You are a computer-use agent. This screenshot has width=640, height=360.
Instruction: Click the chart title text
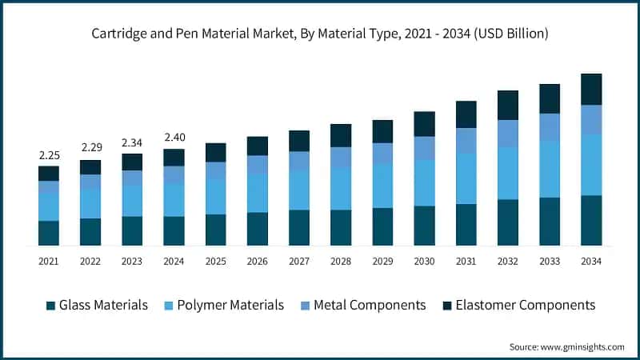tap(320, 33)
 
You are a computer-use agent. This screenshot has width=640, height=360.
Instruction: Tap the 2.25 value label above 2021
tap(49, 155)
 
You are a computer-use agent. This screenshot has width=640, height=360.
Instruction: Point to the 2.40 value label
tap(174, 137)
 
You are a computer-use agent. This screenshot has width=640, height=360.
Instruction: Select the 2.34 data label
tap(132, 142)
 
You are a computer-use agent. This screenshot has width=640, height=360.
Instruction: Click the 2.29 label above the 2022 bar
tap(90, 148)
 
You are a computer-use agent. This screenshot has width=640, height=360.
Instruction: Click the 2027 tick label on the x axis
tap(298, 261)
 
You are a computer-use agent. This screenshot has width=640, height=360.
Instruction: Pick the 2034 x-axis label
tap(590, 261)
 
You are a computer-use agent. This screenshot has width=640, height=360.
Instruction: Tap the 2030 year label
tap(424, 261)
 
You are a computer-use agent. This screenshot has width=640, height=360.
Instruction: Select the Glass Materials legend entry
tap(97, 305)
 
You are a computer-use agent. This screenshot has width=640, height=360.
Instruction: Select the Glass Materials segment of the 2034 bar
tap(590, 220)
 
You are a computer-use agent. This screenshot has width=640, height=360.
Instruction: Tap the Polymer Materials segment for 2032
tap(507, 173)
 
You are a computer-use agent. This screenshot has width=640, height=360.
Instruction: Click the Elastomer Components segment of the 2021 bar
tap(49, 174)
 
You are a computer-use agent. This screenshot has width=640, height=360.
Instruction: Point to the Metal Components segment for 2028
tap(341, 158)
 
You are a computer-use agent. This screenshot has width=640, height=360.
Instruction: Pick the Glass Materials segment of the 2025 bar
tap(215, 230)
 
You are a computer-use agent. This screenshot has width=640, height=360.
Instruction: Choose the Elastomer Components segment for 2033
tap(549, 98)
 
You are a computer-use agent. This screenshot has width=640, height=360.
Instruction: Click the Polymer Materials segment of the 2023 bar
tap(132, 201)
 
